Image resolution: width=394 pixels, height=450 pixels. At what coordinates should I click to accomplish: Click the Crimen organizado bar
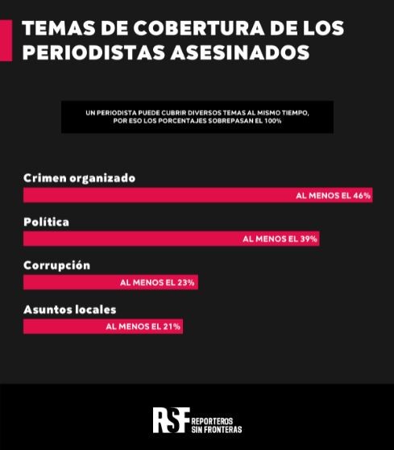pos(198,195)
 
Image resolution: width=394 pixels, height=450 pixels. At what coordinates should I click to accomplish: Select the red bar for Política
pos(172,239)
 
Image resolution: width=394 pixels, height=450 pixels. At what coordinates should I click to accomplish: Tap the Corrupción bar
pos(110,282)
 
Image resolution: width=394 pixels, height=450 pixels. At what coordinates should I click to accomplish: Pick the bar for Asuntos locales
pos(103,327)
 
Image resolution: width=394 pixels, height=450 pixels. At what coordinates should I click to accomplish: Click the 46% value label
pos(334,196)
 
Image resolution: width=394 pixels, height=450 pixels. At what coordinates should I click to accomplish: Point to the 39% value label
pos(280,239)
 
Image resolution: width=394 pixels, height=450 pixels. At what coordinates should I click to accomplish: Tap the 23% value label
pos(157,283)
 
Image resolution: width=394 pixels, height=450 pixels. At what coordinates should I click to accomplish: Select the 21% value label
pos(143,327)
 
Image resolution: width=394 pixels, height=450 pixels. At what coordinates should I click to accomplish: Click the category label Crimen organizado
pos(80,178)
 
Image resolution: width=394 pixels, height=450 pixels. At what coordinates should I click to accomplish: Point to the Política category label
pos(46,222)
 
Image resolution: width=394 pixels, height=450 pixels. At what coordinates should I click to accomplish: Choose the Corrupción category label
pos(56,266)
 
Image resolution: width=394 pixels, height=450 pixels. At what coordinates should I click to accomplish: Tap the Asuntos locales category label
pos(69,310)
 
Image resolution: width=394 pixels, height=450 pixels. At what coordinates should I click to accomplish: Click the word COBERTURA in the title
pos(199,28)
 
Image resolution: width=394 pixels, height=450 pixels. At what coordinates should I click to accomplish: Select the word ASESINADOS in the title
pos(240,52)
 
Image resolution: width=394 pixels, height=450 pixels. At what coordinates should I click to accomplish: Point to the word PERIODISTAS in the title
pos(94,52)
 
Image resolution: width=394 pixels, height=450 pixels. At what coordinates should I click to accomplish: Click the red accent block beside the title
pos(6,40)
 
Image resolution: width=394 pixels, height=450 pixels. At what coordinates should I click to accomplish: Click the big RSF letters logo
pos(171,420)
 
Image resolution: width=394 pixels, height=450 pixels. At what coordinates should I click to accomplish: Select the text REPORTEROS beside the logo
pos(212,421)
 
